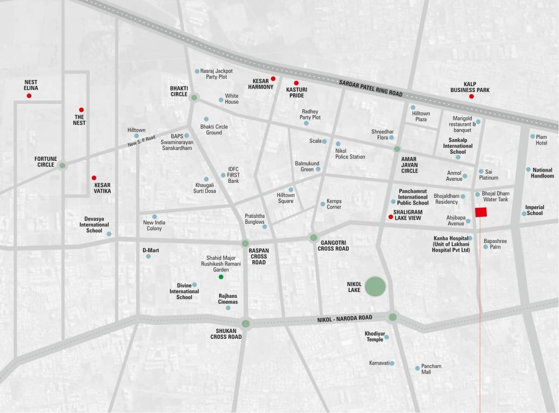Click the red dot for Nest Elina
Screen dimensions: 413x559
pyautogui.click(x=29, y=96)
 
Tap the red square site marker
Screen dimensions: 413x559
pyautogui.click(x=481, y=212)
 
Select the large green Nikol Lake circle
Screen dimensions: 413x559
pyautogui.click(x=375, y=287)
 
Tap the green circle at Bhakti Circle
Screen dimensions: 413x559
pyautogui.click(x=194, y=97)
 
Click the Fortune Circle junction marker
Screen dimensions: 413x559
pyautogui.click(x=62, y=166)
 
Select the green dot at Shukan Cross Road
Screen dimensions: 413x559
pyautogui.click(x=246, y=323)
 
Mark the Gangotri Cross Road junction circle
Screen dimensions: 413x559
pyautogui.click(x=313, y=237)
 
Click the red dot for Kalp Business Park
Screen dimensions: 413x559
pyautogui.click(x=471, y=96)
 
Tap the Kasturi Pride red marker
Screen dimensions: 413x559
pyautogui.click(x=296, y=83)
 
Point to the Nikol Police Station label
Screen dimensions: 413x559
pyautogui.click(x=350, y=154)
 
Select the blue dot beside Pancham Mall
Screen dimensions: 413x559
pyautogui.click(x=418, y=368)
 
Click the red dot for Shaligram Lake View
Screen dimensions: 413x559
pyautogui.click(x=391, y=217)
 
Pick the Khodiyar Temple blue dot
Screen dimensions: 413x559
pyautogui.click(x=386, y=337)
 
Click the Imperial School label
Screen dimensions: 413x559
pyautogui.click(x=534, y=210)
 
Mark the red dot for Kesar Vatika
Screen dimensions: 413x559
pyautogui.click(x=94, y=177)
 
